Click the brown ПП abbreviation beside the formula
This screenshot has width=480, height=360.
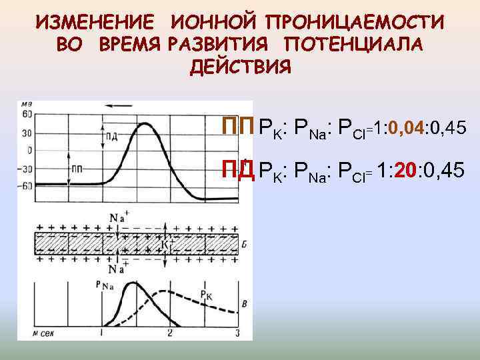(x=238, y=127)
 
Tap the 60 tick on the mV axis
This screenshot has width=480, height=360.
(x=27, y=116)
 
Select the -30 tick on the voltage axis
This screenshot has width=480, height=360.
(x=26, y=168)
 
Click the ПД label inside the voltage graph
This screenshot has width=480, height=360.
(x=111, y=137)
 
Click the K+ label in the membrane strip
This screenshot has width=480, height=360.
(x=165, y=243)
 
